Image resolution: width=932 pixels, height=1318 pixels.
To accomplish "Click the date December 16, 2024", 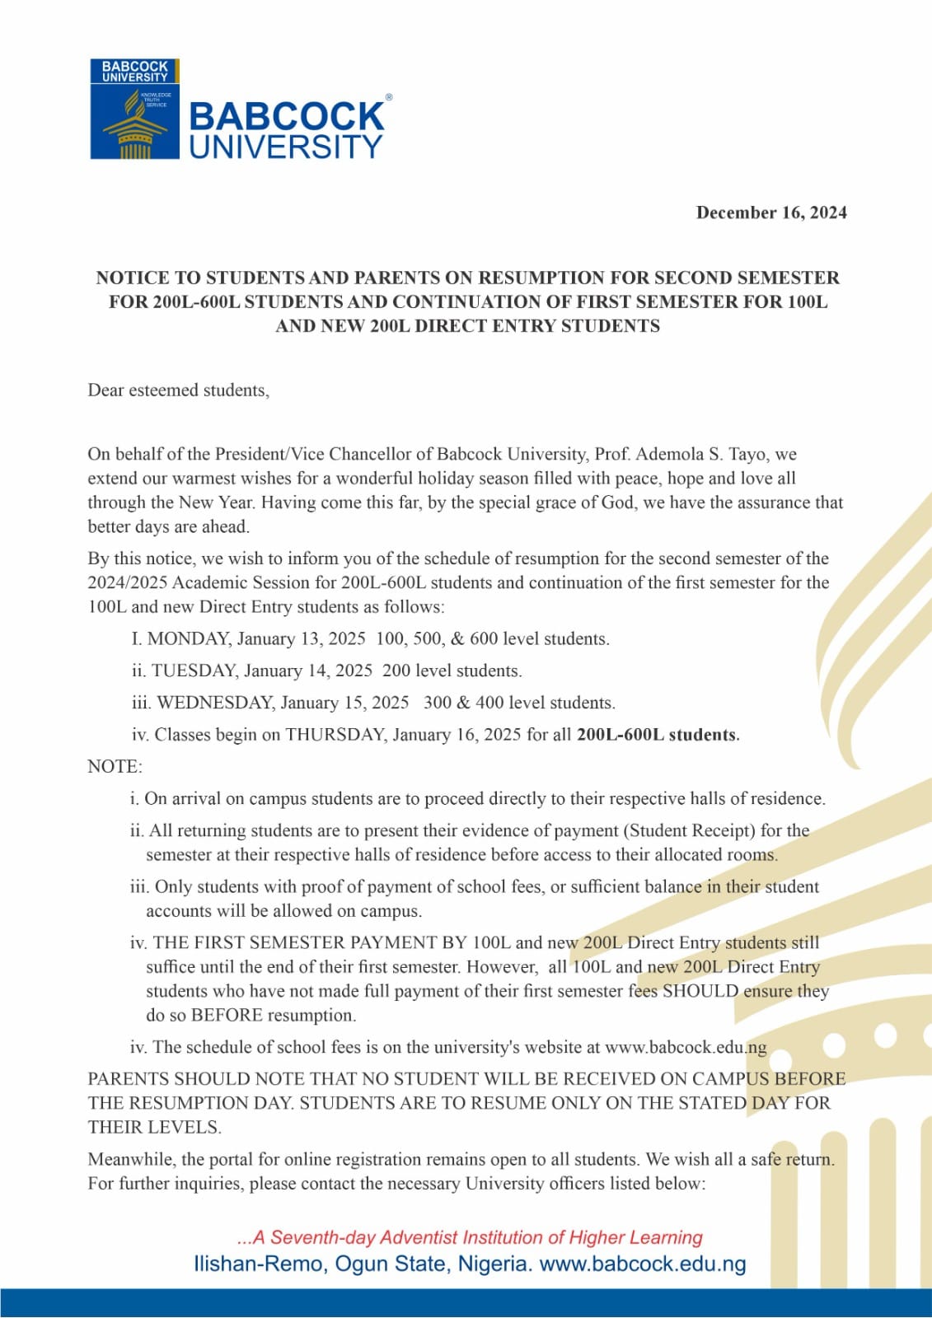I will pos(771,213).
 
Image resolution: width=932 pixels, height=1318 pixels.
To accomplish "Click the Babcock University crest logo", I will pos(134,110).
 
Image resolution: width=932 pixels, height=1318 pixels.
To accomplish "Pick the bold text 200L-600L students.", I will pos(658,735).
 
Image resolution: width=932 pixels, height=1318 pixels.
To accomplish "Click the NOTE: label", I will pos(115,767).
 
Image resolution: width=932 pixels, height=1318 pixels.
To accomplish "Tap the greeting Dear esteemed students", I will pos(178,390).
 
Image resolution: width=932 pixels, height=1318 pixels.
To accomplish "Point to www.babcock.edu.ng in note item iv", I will pos(686,1047).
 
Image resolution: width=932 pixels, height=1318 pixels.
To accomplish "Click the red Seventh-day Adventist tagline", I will pos(470,1237).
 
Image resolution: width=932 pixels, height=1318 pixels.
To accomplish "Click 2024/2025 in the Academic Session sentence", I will pos(127,582).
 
